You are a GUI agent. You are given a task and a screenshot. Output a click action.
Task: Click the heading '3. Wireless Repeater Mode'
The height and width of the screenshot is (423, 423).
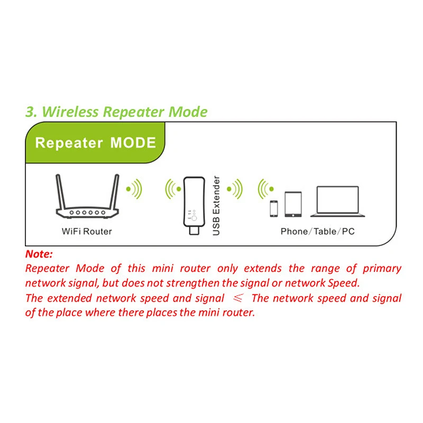point(116,112)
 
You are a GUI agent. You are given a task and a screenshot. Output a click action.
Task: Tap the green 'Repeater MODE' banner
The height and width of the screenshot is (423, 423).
point(95,143)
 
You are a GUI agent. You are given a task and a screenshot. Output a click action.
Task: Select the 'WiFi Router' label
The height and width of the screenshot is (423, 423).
point(87,232)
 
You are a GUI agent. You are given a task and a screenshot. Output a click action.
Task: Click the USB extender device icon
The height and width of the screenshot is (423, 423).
point(192,204)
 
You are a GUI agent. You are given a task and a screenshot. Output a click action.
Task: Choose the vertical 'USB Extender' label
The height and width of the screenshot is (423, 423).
point(216,206)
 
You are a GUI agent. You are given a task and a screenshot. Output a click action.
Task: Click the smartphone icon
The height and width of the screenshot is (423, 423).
point(273,208)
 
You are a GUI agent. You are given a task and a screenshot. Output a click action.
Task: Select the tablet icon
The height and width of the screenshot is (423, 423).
point(292,204)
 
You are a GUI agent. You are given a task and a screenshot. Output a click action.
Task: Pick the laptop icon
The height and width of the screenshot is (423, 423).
point(337,201)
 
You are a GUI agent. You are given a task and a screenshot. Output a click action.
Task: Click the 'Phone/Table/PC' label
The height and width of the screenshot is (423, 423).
point(317,232)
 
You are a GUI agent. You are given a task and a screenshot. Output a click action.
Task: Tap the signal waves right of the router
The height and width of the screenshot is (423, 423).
point(134,189)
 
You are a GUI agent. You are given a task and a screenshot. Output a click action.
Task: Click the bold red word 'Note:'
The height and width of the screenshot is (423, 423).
point(39,254)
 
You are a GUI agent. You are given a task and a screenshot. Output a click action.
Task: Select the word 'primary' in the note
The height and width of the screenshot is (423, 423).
point(382,269)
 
